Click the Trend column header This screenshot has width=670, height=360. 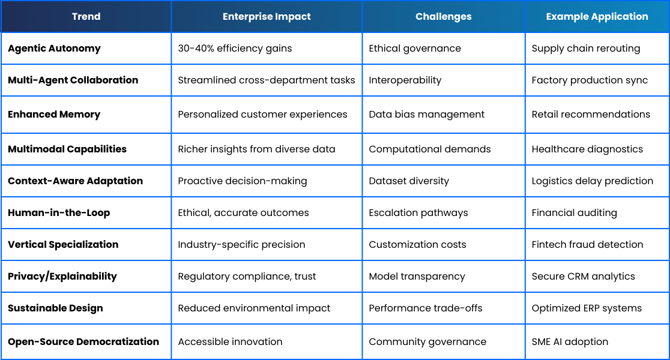click(86, 17)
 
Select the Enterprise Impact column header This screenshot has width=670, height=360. click(267, 17)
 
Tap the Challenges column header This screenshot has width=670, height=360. click(444, 17)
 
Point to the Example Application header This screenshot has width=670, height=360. click(597, 17)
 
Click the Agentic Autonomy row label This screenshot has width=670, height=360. click(54, 49)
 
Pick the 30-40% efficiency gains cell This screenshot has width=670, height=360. click(235, 48)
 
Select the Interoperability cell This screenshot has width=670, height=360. click(405, 80)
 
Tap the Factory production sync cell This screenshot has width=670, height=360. click(590, 80)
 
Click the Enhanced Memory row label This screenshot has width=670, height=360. click(54, 115)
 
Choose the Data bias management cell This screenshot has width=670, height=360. click(426, 115)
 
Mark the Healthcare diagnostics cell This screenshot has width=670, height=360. click(587, 149)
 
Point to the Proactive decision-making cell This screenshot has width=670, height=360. click(243, 181)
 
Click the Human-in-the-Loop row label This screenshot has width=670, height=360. click(59, 212)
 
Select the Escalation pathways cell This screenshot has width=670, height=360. click(418, 212)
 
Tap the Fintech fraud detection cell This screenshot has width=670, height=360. click(587, 244)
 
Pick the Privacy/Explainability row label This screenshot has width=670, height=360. click(62, 276)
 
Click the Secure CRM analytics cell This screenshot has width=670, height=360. click(584, 276)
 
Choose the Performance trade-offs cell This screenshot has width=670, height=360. click(426, 308)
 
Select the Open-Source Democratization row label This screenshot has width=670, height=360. click(83, 341)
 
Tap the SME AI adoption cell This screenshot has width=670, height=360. click(570, 341)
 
